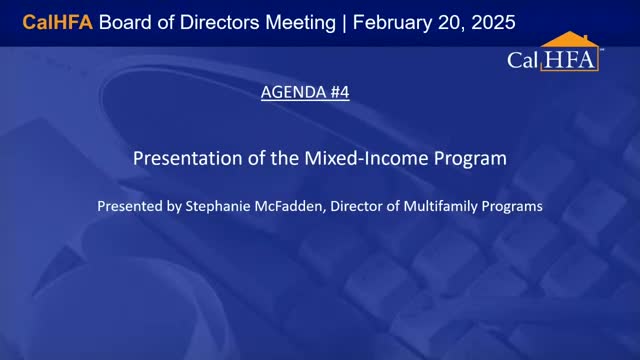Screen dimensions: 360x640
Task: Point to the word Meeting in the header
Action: click(296, 21)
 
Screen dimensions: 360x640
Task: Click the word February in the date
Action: click(397, 21)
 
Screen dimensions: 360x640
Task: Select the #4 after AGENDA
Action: click(338, 93)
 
